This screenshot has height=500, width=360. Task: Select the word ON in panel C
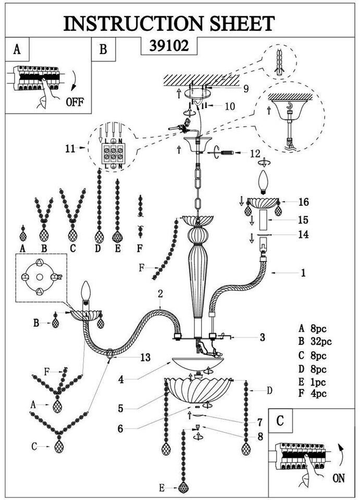pos(338,478)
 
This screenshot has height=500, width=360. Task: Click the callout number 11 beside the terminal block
pos(70,148)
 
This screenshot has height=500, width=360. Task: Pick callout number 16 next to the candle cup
pos(304,202)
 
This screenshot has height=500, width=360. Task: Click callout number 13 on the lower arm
pos(145,357)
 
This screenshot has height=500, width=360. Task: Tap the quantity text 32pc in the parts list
pos(320,342)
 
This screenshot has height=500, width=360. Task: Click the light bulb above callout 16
pos(264,182)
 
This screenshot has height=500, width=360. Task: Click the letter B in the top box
pos(103,49)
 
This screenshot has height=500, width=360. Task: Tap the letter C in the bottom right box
pos(280,421)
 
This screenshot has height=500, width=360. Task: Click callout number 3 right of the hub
pos(262,337)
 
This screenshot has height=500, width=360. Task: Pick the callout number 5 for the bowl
pos(121,408)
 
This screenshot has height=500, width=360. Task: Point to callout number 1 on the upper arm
pos(303,272)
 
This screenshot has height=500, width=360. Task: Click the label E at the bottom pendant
pos(162,488)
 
